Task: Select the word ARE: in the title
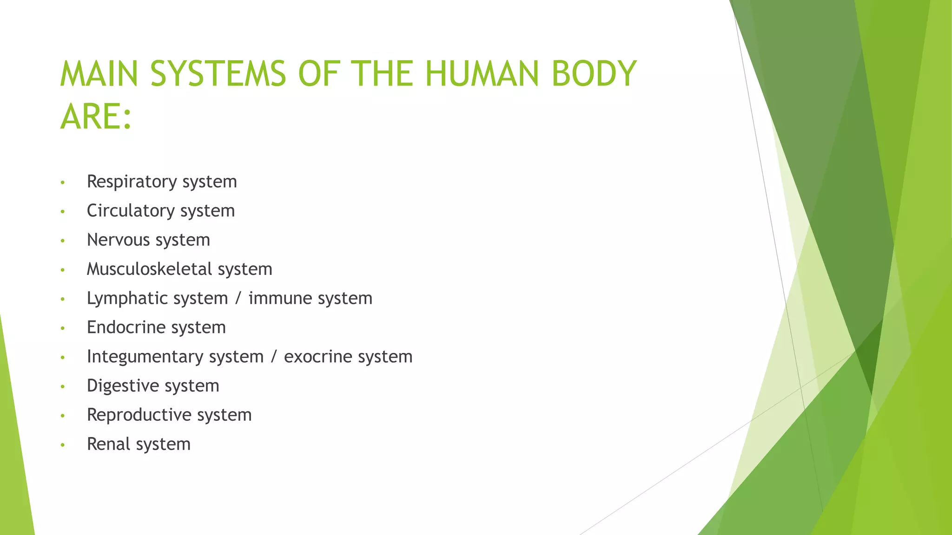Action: [x=96, y=117]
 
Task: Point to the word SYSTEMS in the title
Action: [x=218, y=74]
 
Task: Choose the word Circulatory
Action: [x=131, y=211]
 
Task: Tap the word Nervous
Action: [x=118, y=240]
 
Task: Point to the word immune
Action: [x=280, y=298]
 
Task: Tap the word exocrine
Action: [x=318, y=357]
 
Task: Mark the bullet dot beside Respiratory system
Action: [x=62, y=183]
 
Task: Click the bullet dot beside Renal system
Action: [x=62, y=445]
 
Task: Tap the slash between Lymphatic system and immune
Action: [x=238, y=299]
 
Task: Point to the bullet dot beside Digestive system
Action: [x=62, y=387]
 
